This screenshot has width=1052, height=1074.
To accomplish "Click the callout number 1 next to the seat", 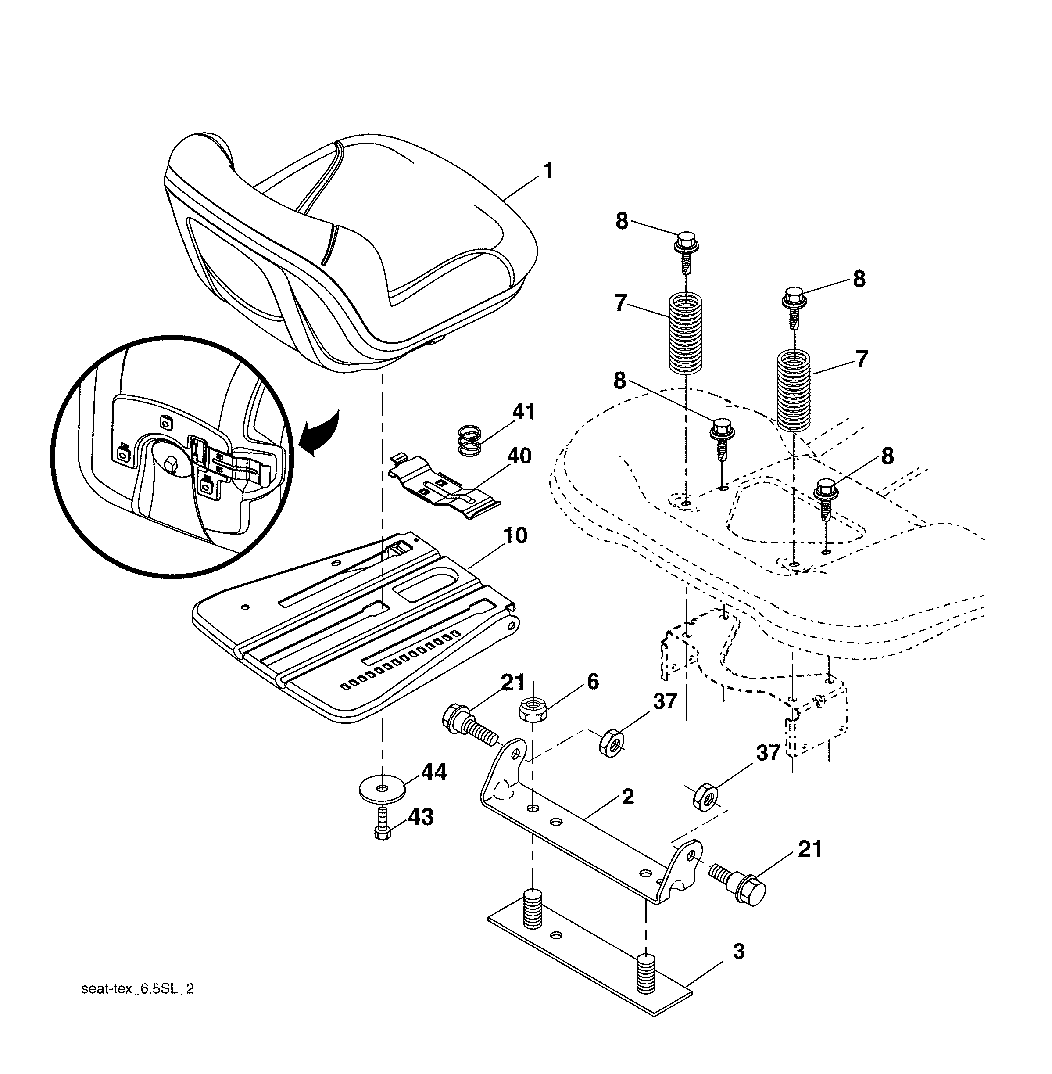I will coord(548,170).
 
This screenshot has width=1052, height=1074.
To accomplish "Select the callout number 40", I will coord(519,456).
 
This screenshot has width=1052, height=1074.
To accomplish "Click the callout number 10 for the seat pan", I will coord(515,535).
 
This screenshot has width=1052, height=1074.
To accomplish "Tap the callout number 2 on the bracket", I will coord(628,797).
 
